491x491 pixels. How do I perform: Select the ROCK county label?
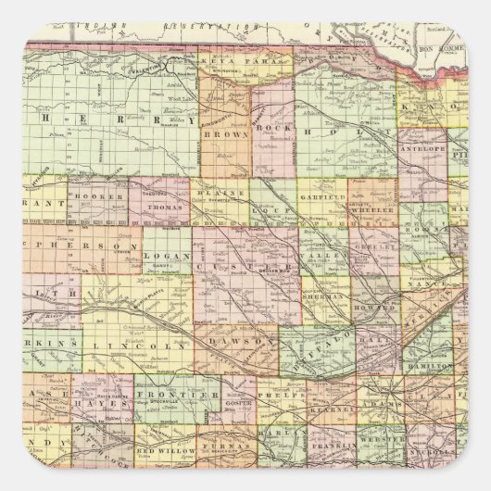(x=269, y=127)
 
